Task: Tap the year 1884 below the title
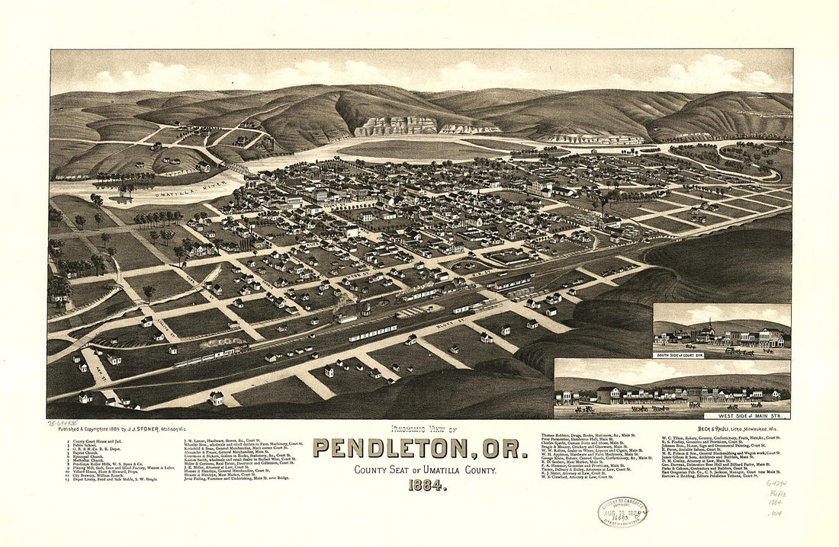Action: click(x=419, y=486)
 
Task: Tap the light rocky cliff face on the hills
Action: click(x=397, y=126)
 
